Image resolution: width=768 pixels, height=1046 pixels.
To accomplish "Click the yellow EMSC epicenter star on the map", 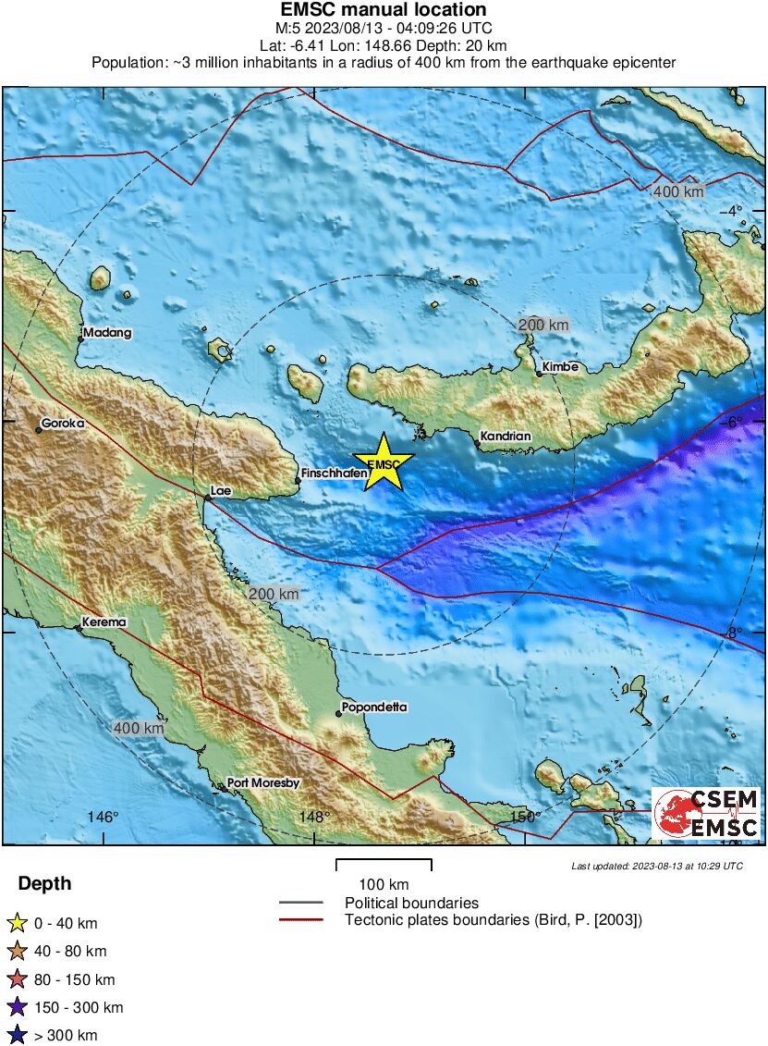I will [384, 461].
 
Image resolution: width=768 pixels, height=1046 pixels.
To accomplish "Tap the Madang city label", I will [106, 332].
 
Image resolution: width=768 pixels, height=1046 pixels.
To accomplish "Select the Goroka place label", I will [64, 423].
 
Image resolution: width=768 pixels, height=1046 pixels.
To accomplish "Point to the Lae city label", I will [220, 490].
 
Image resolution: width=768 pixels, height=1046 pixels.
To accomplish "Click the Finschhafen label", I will [330, 473].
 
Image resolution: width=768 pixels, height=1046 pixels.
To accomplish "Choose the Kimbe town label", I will [559, 366].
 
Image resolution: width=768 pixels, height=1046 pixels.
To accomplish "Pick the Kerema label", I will [104, 622].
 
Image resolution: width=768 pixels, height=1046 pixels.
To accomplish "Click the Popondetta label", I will [373, 708].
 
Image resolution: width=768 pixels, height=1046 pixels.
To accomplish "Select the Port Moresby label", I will [263, 782].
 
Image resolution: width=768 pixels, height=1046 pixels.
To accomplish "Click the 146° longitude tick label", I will [104, 817].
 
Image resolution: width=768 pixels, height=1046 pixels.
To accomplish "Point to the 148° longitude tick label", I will [314, 817].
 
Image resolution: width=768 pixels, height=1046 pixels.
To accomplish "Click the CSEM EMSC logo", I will [706, 814].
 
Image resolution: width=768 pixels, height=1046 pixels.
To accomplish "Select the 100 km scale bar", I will [384, 865].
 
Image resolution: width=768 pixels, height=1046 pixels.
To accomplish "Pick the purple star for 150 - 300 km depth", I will [17, 1007].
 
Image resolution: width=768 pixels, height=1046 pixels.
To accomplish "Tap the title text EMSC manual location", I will [384, 10].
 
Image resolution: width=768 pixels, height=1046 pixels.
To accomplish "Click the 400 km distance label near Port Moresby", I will [139, 729].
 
